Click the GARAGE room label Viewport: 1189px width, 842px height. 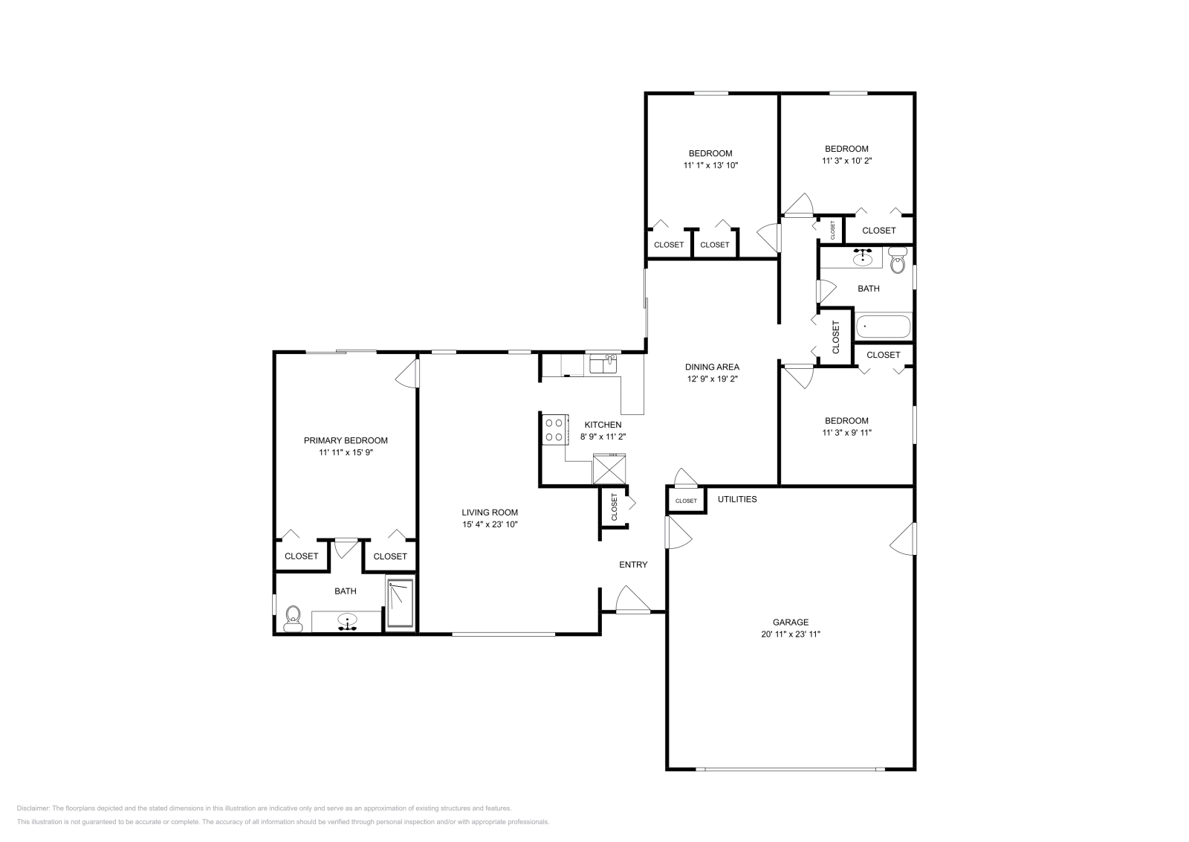tap(790, 622)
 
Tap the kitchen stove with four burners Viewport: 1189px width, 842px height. tap(554, 429)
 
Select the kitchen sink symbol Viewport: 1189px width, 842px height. tap(603, 364)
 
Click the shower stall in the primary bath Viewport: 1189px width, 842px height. tap(401, 604)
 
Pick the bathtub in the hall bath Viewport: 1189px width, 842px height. tap(883, 327)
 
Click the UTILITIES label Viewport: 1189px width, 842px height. tap(736, 499)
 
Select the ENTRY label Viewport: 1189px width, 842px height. tap(633, 565)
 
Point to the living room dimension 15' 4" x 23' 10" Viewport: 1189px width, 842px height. tap(489, 524)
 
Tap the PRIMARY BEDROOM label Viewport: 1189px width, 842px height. tap(345, 440)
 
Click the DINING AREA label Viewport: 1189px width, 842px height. tap(711, 367)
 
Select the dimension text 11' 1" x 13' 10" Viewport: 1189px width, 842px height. tap(710, 166)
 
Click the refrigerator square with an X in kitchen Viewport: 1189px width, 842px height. tap(609, 470)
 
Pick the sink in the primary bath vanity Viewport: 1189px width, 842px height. tap(347, 620)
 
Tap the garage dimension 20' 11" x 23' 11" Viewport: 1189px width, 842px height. tap(790, 634)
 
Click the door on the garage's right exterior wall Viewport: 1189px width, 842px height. tap(904, 539)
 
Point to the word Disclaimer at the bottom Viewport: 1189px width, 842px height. tap(33, 808)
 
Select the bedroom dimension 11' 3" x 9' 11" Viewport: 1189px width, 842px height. tap(846, 432)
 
